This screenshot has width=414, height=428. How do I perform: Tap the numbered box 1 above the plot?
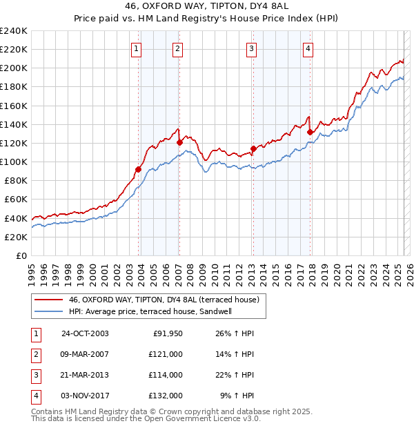(x=137, y=48)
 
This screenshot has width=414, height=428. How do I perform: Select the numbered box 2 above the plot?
(x=177, y=48)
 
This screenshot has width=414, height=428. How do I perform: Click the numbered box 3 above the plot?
(x=252, y=48)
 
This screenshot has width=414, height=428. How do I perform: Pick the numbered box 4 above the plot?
(x=308, y=48)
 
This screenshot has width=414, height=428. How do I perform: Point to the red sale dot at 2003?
(x=139, y=169)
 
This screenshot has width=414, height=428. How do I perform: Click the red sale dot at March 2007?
(x=179, y=142)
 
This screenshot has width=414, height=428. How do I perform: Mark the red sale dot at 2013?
(x=253, y=148)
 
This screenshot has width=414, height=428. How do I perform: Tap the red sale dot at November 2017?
(x=310, y=132)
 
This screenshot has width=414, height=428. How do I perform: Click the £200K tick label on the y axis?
(x=14, y=68)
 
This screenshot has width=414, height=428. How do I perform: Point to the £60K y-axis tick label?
(x=16, y=200)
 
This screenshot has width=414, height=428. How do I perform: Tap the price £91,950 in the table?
(x=166, y=333)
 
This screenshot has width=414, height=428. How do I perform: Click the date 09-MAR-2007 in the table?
(x=85, y=354)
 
